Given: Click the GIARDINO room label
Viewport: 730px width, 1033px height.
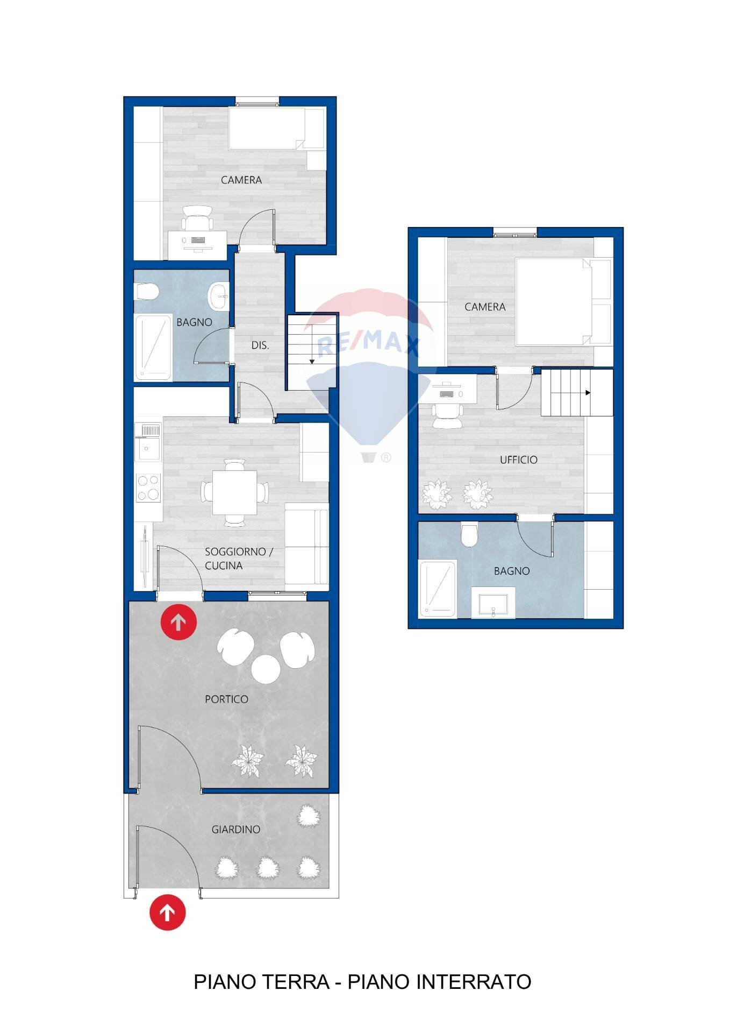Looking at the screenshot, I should (x=235, y=829).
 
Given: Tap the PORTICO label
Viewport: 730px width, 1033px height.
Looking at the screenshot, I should (x=226, y=699).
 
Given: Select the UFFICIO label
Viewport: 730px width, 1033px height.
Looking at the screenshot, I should (x=518, y=459).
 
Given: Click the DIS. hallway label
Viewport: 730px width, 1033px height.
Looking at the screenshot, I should (x=260, y=345).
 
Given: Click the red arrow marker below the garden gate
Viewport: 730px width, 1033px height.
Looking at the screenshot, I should (x=168, y=912).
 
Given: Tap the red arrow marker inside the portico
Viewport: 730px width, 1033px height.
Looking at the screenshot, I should (x=178, y=622).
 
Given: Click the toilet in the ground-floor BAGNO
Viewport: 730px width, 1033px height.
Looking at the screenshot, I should (x=147, y=293).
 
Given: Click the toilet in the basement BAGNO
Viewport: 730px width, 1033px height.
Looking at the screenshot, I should (x=469, y=534).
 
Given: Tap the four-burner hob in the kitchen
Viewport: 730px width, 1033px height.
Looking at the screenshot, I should (x=148, y=487).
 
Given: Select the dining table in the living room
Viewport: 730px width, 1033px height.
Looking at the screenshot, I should (x=234, y=492).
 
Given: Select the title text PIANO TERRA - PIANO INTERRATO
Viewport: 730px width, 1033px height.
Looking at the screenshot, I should (x=362, y=982).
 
